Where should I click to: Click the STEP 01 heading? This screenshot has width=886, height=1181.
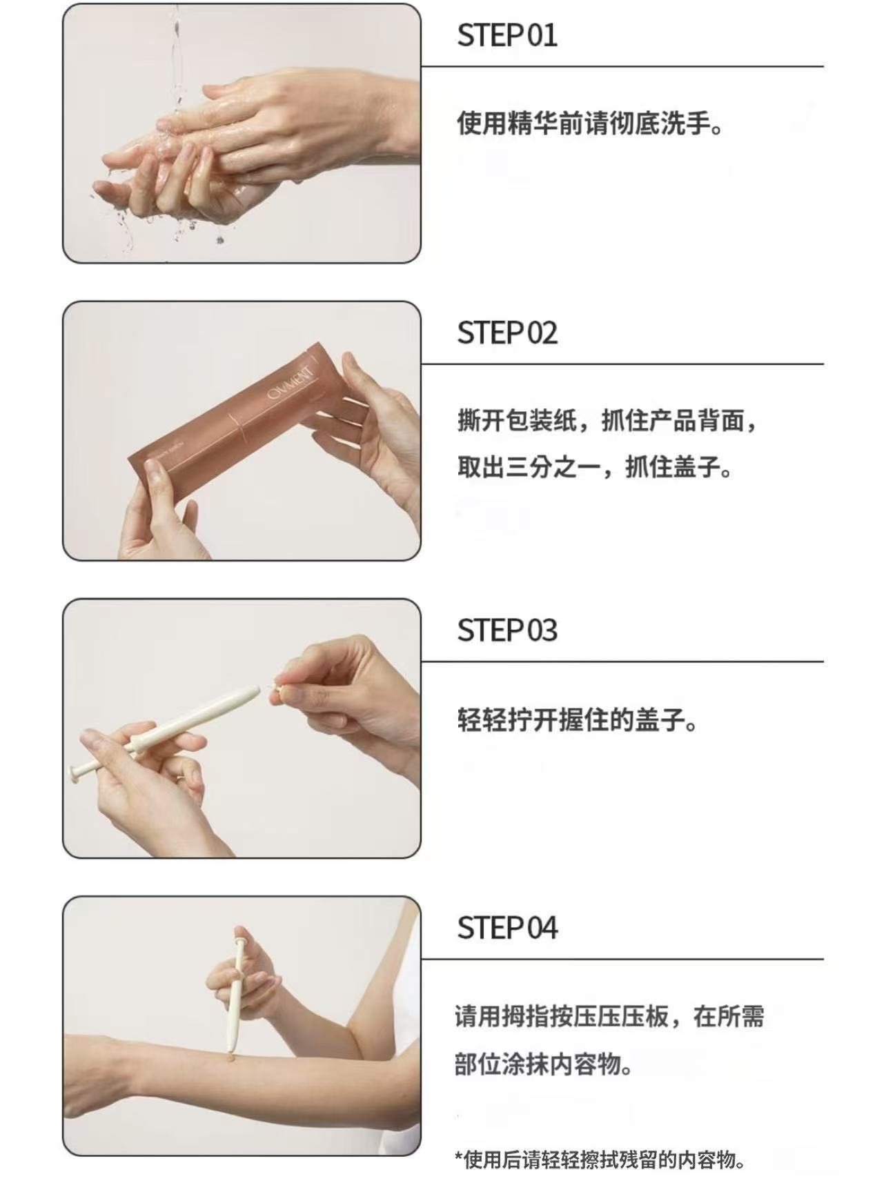coord(507,35)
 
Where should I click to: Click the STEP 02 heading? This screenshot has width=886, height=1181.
coord(507,333)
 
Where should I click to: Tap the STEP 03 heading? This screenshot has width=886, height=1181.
coord(507,631)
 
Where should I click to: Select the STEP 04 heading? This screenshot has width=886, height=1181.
coord(507,928)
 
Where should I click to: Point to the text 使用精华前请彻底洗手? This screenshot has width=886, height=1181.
coord(590,124)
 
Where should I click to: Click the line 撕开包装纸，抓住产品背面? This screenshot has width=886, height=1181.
coord(607,420)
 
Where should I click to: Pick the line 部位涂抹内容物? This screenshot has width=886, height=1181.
coord(544,1064)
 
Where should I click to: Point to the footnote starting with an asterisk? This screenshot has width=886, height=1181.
coord(600,1160)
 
